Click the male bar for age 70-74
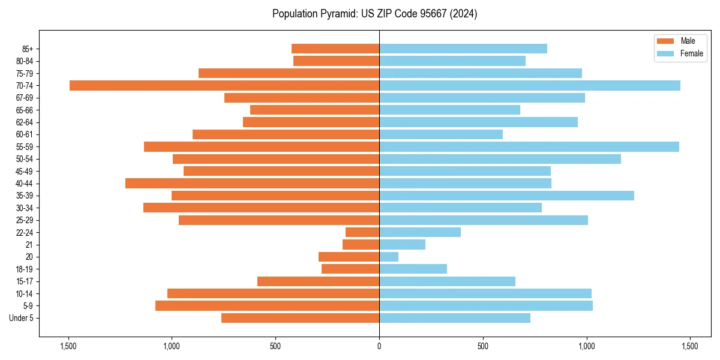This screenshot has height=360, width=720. coord(224,85)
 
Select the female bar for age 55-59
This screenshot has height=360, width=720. coord(529,146)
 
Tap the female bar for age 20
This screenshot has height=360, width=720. coord(389,257)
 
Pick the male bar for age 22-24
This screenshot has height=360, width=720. coord(362,232)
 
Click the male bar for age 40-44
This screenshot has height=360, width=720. coord(252,183)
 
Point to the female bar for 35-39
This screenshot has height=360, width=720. coord(506,196)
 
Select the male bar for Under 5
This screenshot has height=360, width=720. coord(300,318)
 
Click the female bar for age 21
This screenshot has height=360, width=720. coord(402,244)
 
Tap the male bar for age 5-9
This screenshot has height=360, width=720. coord(267,305)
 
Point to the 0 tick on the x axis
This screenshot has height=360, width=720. coord(379,346)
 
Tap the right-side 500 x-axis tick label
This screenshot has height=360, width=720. coord(483,346)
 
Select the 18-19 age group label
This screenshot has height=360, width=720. coord(25,269)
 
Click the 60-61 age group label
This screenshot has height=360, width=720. coord(25,134)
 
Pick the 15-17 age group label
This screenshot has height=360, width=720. coord(25,281)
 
